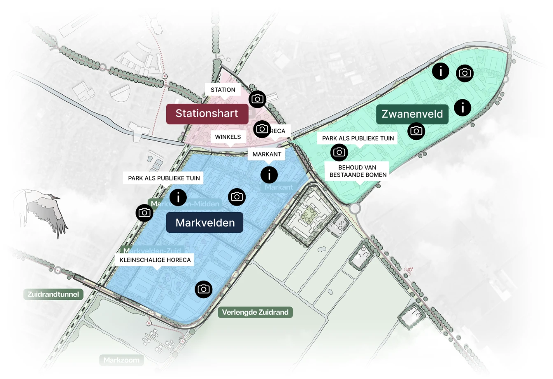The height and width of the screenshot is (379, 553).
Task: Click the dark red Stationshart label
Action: [x=207, y=114]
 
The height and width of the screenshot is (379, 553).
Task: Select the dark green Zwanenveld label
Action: [x=412, y=114]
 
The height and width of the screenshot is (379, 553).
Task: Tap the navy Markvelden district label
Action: [x=204, y=223]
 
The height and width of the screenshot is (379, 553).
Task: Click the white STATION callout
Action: [x=223, y=90]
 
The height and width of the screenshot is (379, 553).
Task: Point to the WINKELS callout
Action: [x=228, y=137]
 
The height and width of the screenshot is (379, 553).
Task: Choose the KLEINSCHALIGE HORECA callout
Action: [x=155, y=260]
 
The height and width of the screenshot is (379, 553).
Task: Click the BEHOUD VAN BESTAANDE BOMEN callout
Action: [x=357, y=171]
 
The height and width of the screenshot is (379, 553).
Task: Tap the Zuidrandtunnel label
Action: [x=53, y=294]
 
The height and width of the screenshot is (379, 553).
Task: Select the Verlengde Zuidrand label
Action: [x=255, y=312]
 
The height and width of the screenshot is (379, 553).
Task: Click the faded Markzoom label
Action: [x=121, y=360]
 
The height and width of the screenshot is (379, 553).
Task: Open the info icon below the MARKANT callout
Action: [x=269, y=175]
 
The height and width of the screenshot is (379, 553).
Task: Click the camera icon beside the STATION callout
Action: [x=258, y=99]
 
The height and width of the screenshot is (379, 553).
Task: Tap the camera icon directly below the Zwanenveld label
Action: [x=416, y=131]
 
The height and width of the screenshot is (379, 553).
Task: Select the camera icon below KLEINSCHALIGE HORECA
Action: [x=204, y=289]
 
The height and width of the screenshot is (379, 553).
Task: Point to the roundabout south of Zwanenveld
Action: [x=355, y=208]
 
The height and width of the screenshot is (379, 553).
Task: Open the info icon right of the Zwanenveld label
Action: [x=462, y=108]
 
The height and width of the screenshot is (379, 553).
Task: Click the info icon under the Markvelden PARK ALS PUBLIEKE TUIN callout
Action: [x=178, y=197]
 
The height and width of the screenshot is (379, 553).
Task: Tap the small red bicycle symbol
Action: [x=408, y=270]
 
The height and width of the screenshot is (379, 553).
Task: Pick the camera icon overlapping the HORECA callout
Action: [x=262, y=129]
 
